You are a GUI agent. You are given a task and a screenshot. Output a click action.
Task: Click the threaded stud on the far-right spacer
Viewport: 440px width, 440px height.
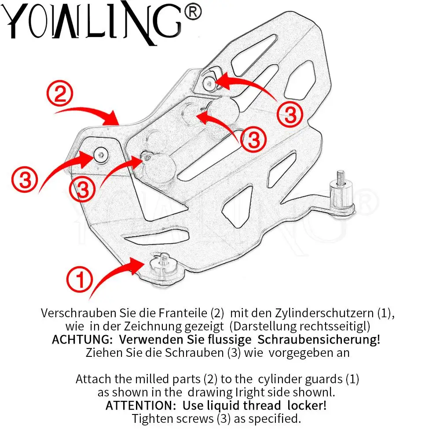340,176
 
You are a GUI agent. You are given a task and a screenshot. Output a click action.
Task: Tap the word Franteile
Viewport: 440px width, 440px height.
185,313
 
